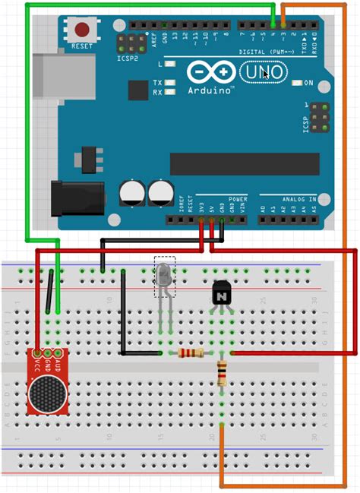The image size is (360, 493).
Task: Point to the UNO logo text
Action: (262, 73)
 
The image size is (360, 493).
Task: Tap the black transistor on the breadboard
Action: (221, 292)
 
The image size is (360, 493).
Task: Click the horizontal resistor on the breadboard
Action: (190, 353)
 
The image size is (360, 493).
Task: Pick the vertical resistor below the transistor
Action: (222, 374)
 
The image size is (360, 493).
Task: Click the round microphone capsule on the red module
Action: (47, 393)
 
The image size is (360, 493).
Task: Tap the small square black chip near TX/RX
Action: (138, 91)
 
